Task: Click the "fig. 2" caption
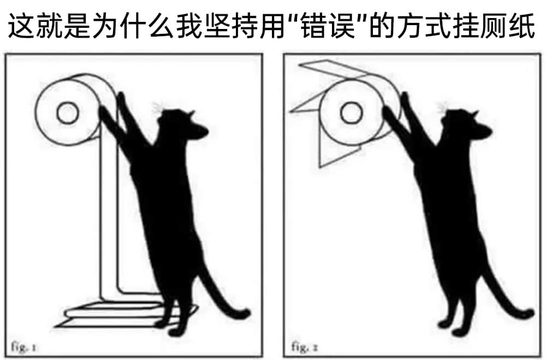(304, 347)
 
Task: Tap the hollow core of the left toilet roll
(68, 113)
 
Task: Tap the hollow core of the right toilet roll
(352, 113)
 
